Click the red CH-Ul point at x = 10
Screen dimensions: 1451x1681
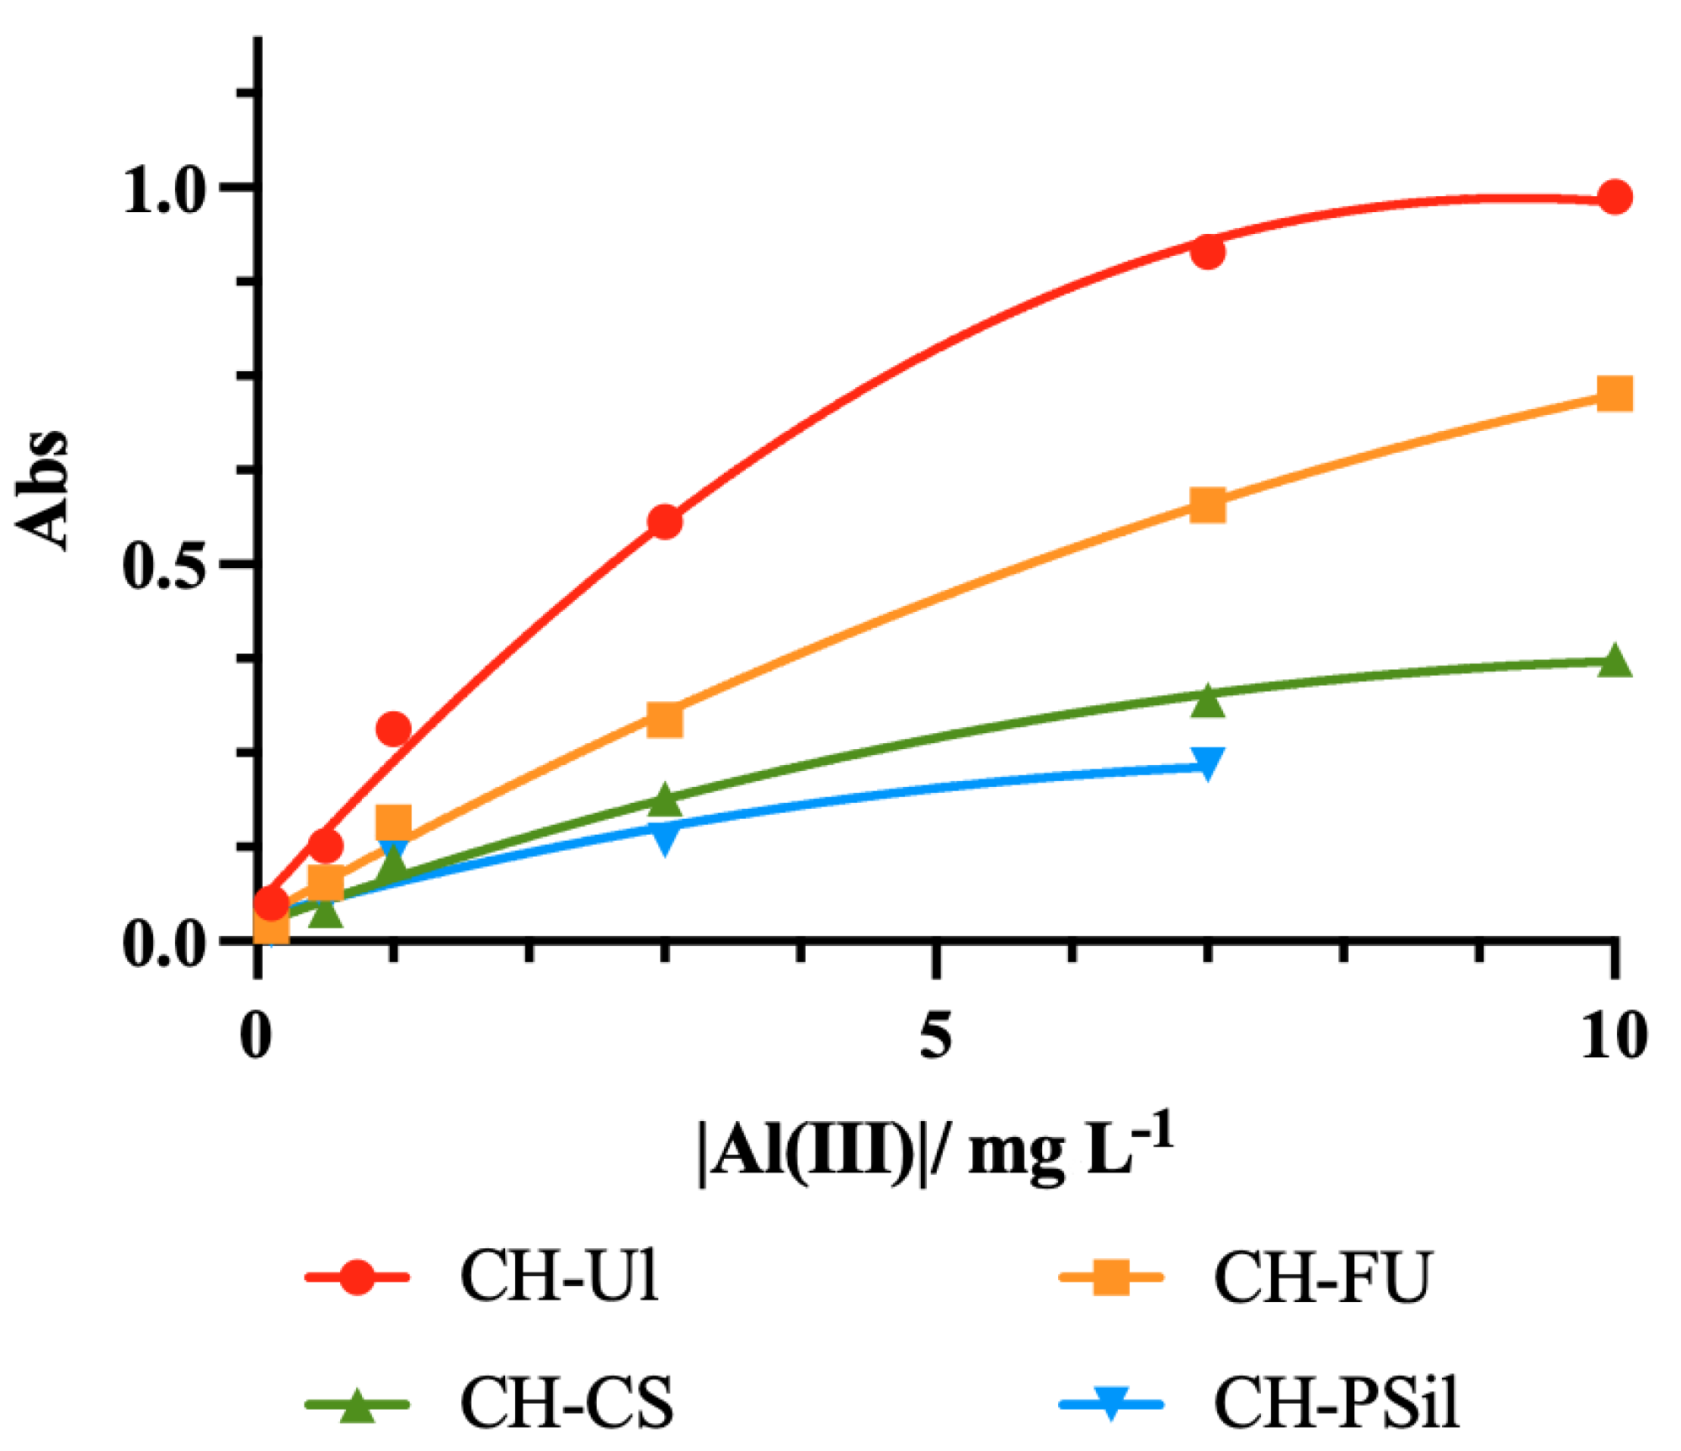pos(1613,197)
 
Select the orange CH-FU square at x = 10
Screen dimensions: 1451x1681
pos(1613,393)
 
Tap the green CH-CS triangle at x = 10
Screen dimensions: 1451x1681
pos(1613,661)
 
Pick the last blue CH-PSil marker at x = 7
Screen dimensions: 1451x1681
pos(1207,763)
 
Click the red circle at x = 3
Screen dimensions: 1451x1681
pos(664,522)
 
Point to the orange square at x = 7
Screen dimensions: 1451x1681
pos(1207,505)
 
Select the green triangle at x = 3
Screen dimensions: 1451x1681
pos(664,800)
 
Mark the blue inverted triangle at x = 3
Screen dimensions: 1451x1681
pos(664,837)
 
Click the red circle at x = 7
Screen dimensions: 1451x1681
pos(1207,251)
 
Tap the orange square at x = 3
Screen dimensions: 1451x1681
pos(664,720)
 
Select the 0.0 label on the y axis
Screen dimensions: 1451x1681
pos(165,943)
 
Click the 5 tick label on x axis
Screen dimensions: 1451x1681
pos(935,1034)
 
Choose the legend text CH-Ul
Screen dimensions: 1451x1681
pos(559,1277)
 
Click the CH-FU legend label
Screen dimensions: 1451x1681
pos(1321,1277)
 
